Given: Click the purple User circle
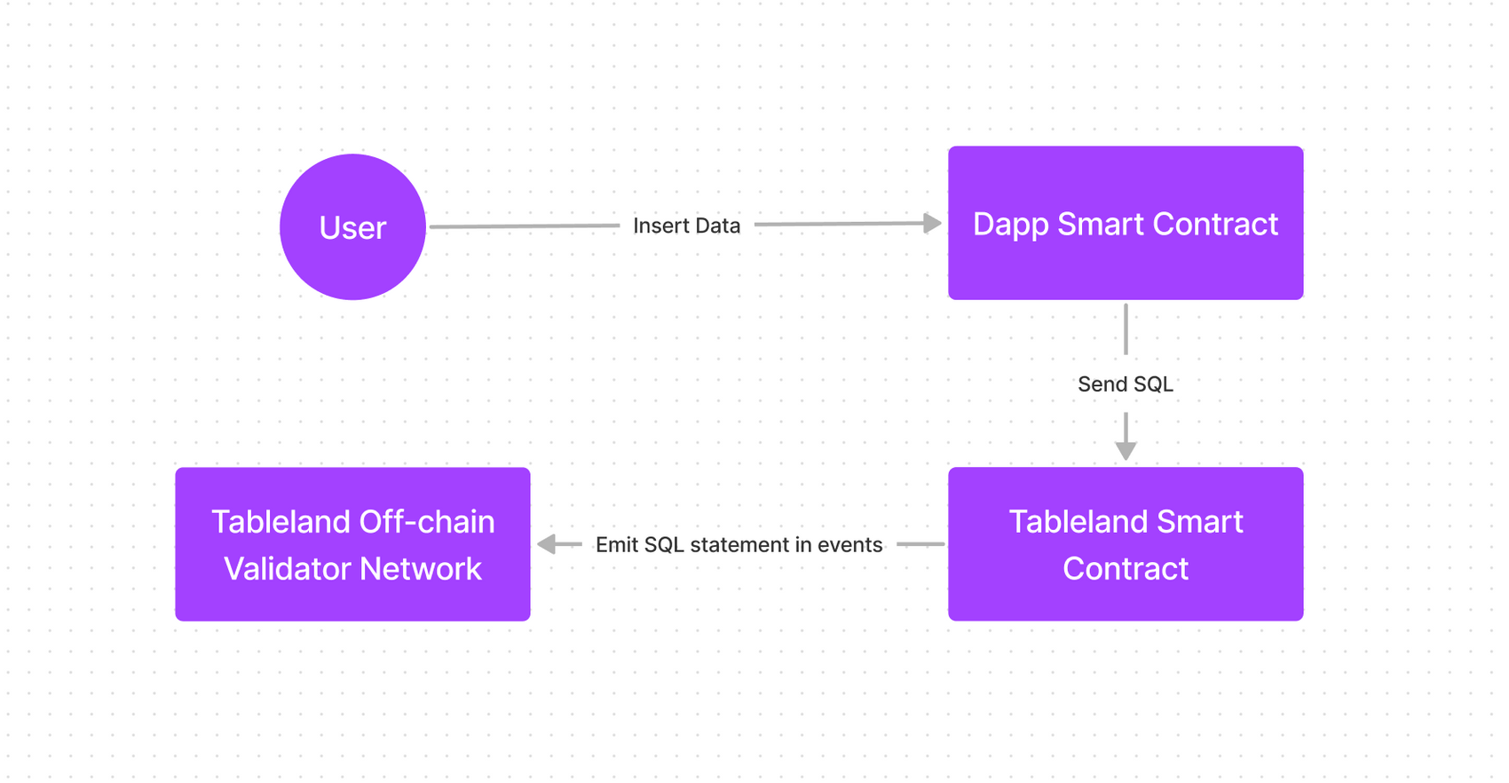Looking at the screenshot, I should click(x=352, y=227).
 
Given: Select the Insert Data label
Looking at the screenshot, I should click(x=686, y=225).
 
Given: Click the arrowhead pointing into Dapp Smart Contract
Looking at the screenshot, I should click(x=932, y=223).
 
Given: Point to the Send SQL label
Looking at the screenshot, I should click(x=1125, y=384).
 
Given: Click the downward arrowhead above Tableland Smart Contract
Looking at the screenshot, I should click(x=1126, y=450).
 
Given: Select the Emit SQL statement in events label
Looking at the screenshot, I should click(x=739, y=544).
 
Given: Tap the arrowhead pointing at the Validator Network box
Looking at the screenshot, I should click(x=547, y=544).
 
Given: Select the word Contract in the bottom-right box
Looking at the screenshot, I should click(x=1125, y=569).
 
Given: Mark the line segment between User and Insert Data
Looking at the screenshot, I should click(x=524, y=226).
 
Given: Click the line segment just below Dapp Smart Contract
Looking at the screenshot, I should click(x=1126, y=328).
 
